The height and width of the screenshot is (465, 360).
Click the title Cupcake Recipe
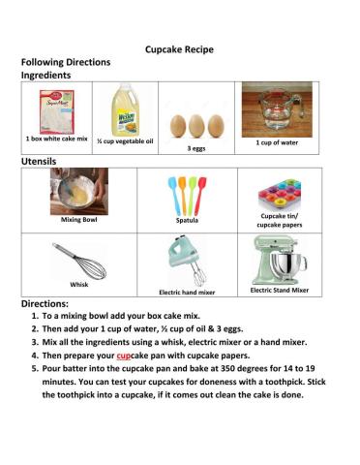pos(179,47)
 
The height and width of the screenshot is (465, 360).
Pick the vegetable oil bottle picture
pos(126,109)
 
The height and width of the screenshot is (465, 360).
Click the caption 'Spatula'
pos(187,220)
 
